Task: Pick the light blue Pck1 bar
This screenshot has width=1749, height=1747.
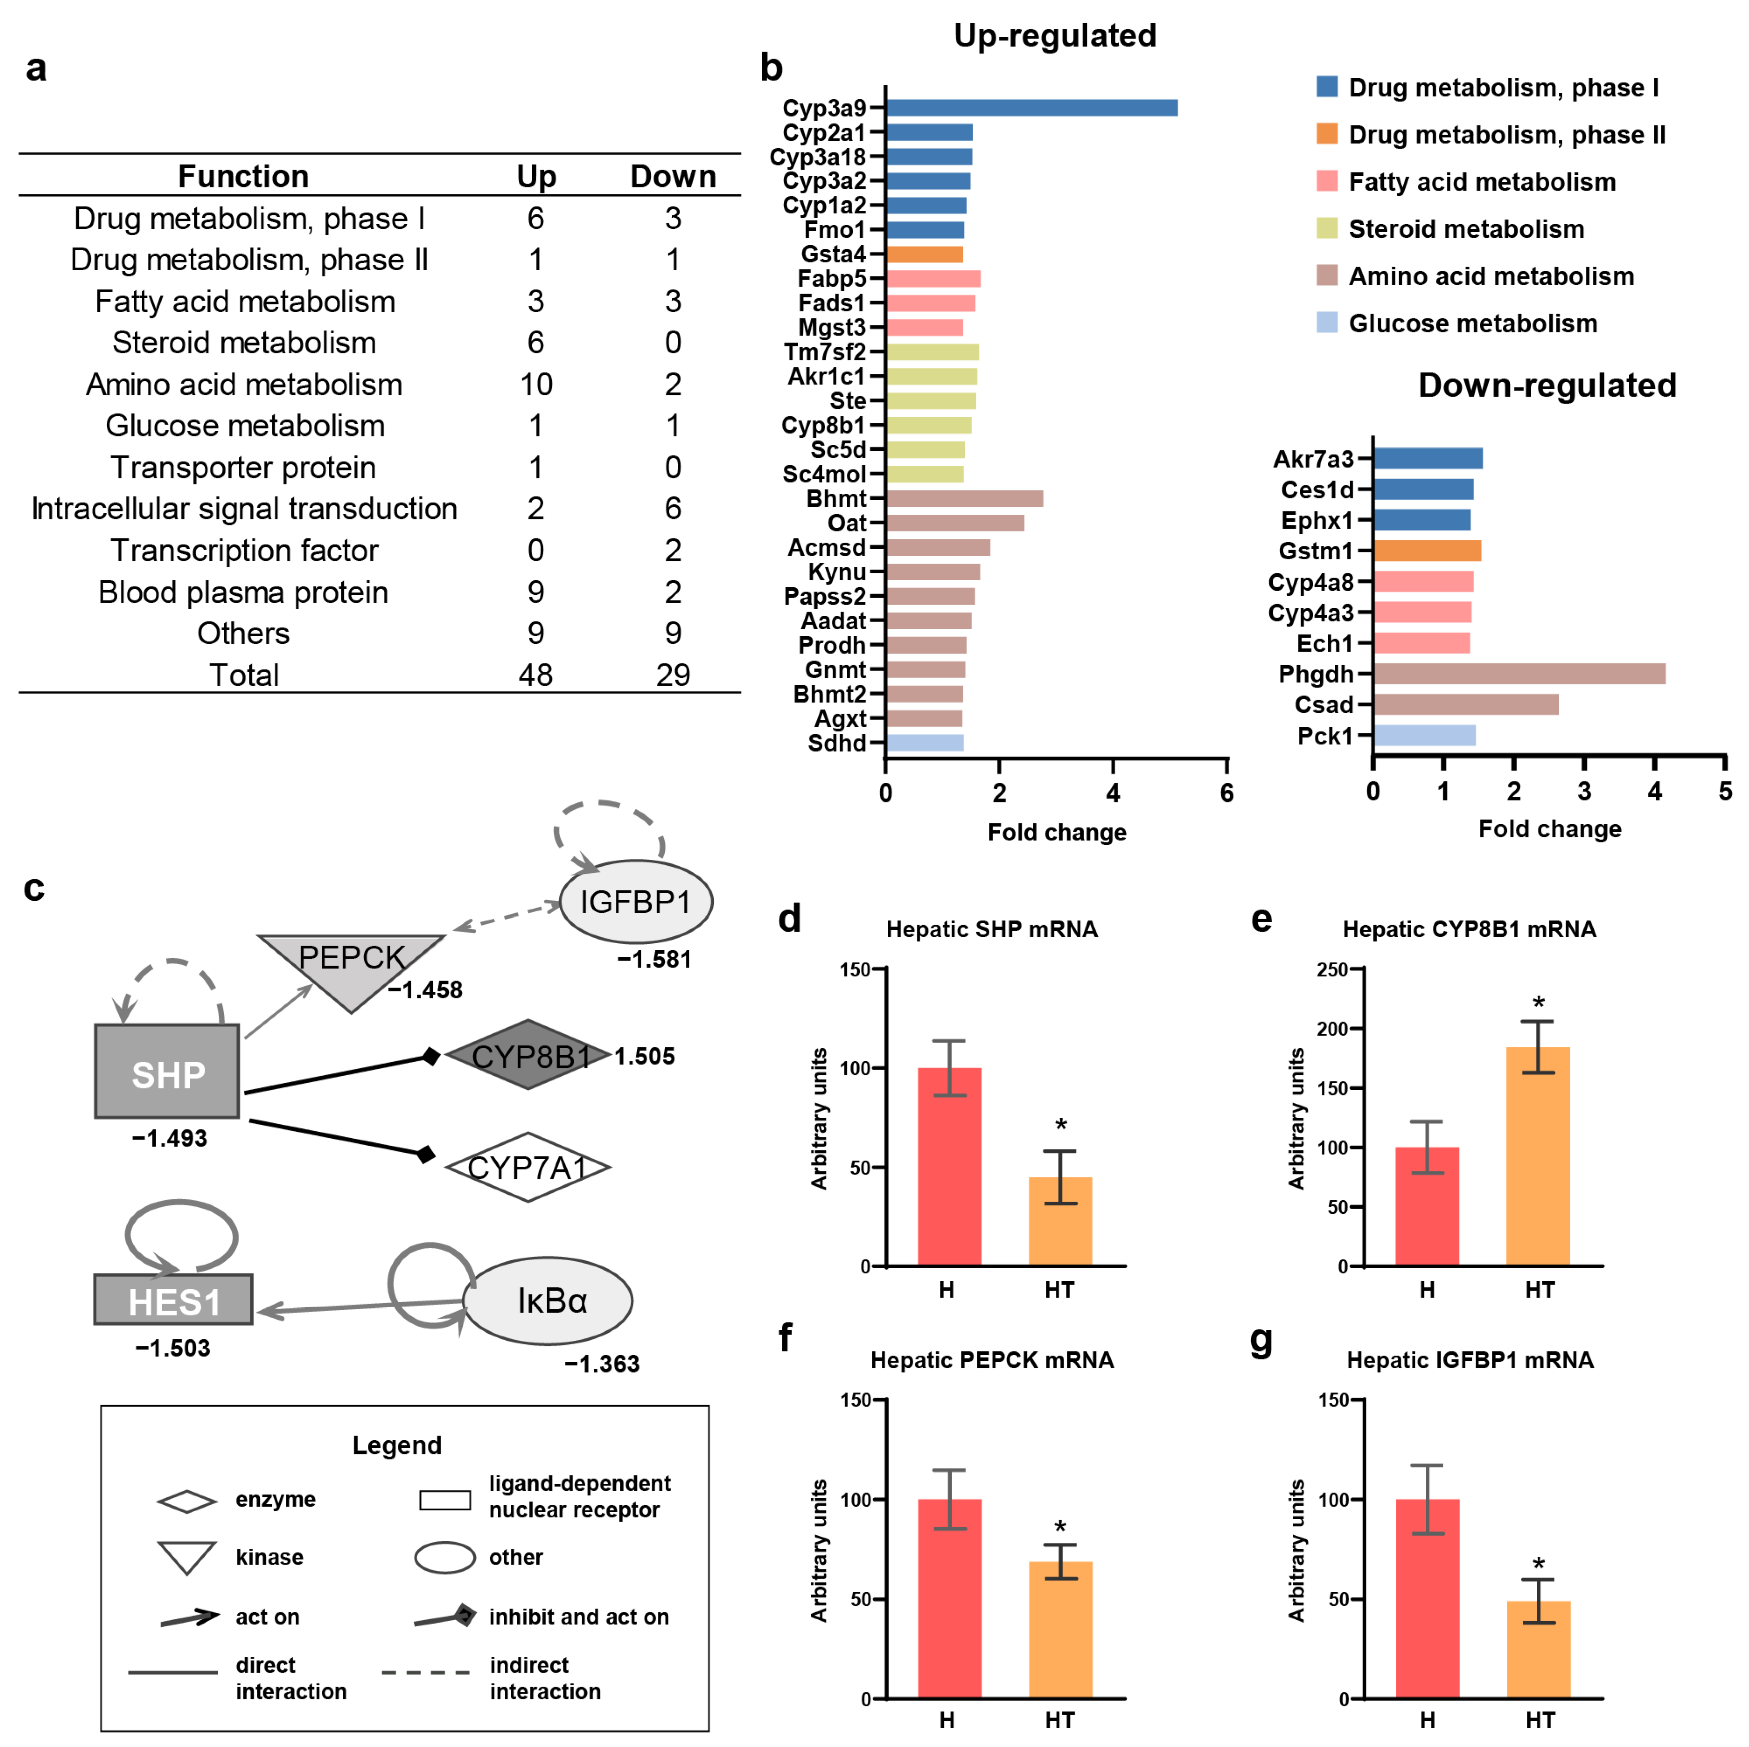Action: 1424,735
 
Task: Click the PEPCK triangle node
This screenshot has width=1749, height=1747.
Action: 351,964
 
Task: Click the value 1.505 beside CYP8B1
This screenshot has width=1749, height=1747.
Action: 645,1057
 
